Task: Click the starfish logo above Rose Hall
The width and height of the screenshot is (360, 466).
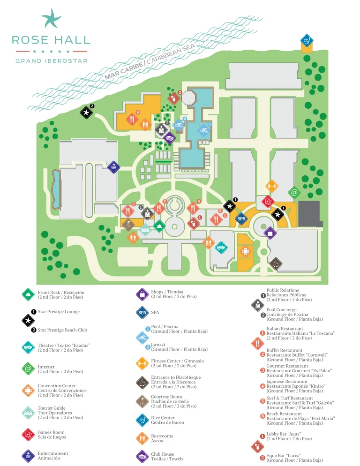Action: [x=51, y=18]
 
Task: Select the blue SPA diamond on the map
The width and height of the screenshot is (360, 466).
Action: [x=241, y=218]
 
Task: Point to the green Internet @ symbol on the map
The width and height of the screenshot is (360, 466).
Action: [x=294, y=192]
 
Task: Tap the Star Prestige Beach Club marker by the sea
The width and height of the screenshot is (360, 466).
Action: [x=86, y=112]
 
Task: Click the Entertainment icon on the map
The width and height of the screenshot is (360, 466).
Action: [x=113, y=167]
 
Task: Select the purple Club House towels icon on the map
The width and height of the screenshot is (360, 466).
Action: [x=169, y=137]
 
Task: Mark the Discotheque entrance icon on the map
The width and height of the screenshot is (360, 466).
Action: [x=276, y=264]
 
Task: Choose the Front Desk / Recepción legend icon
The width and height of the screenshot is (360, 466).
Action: [x=28, y=294]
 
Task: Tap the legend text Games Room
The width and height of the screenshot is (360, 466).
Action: [x=51, y=432]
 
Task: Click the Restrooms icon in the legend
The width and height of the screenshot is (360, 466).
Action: [x=142, y=438]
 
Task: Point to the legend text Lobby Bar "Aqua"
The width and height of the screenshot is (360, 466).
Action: [x=284, y=434]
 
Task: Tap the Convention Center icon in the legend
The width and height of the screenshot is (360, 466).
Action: [x=28, y=390]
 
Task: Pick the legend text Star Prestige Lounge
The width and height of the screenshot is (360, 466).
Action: [x=59, y=312]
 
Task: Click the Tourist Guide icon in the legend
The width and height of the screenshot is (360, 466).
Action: [x=28, y=413]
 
